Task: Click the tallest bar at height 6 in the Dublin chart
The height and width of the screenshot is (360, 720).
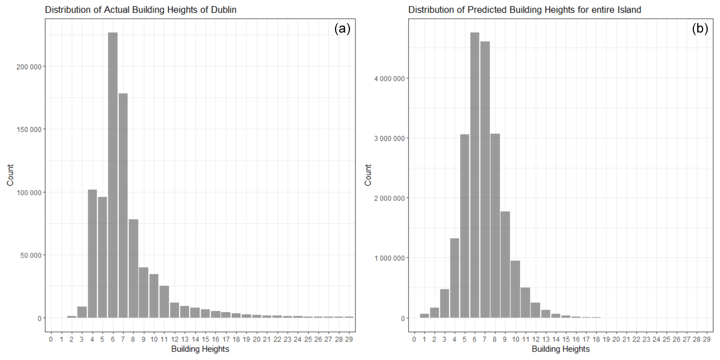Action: click(x=113, y=175)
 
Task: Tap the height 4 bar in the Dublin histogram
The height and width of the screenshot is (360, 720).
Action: click(x=92, y=253)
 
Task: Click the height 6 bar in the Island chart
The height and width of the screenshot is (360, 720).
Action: click(x=474, y=175)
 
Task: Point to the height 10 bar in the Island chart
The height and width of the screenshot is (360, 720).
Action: click(x=515, y=289)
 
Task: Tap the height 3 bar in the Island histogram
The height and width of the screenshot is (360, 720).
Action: click(x=444, y=303)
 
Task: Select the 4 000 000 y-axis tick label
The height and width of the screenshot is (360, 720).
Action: click(x=389, y=78)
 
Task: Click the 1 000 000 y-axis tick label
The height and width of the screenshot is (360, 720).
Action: click(x=389, y=258)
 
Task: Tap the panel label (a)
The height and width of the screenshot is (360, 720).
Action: click(x=342, y=29)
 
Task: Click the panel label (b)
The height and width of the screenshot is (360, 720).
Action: click(x=700, y=29)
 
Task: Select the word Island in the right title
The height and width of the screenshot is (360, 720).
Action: click(x=629, y=10)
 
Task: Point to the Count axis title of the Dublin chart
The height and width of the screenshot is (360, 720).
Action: click(x=10, y=175)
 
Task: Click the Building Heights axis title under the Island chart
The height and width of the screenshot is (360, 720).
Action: click(x=560, y=349)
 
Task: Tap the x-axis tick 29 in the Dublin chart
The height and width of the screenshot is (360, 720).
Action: click(x=349, y=340)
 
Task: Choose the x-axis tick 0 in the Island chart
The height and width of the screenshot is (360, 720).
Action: click(x=414, y=340)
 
